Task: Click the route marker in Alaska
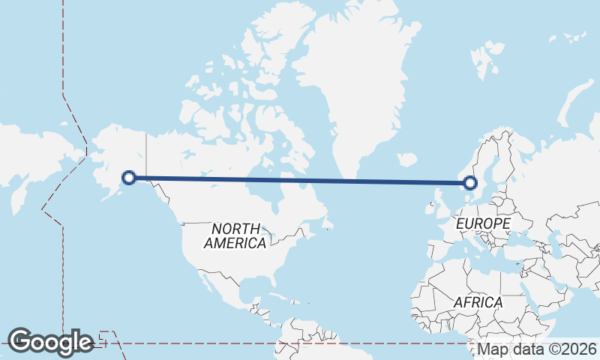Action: [x=129, y=178]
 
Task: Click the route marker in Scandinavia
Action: [x=470, y=182]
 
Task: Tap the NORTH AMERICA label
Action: [x=235, y=235]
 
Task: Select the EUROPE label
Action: [x=483, y=223]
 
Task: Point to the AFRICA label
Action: [x=478, y=301]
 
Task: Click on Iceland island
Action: [x=406, y=160]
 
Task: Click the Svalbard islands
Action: [x=484, y=58]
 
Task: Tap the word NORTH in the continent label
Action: [x=235, y=228]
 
